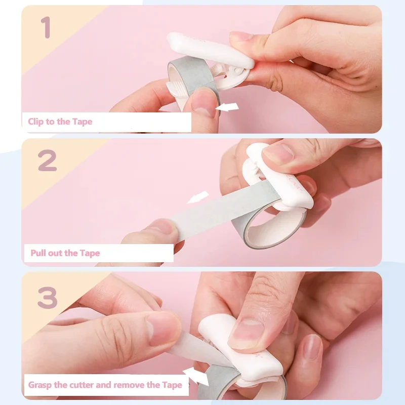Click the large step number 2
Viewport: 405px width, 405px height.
click(47, 160)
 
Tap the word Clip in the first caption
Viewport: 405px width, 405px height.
click(36, 121)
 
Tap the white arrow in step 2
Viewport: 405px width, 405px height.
click(198, 197)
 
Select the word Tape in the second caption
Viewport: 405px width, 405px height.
click(90, 253)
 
